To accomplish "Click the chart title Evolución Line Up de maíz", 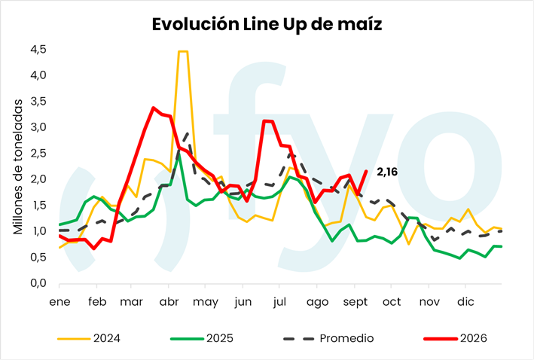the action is (267, 25).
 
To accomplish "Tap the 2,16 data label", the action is (387, 172).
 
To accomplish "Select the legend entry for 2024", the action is (89, 338).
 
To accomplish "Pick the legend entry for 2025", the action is (202, 338).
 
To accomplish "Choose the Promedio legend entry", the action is (328, 338).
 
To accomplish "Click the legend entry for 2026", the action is (456, 338).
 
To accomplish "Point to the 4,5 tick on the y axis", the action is (38, 50).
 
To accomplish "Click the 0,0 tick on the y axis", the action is (38, 283).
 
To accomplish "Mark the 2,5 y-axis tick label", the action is (38, 154).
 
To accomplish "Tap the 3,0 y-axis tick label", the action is (38, 127).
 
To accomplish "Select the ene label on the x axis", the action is (60, 302).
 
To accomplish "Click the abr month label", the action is (169, 302).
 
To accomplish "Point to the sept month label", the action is (355, 302).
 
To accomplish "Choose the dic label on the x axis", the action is (465, 301).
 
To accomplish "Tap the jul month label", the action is (279, 301).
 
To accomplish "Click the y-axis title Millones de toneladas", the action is (18, 167).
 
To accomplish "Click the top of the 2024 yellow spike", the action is (183, 51).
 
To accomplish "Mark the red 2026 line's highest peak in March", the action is (154, 108).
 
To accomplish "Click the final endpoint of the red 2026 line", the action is (367, 171).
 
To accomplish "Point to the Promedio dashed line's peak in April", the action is (188, 133).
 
